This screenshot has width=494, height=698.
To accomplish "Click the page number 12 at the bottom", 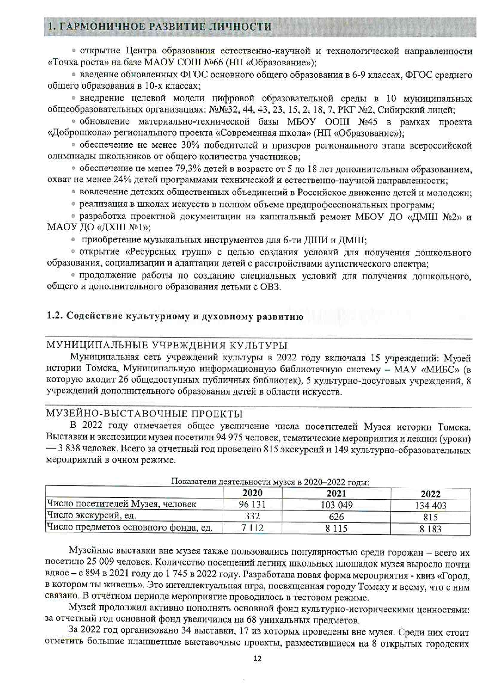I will pyautogui.click(x=257, y=659).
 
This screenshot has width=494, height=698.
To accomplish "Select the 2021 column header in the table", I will pyautogui.click(x=336, y=494).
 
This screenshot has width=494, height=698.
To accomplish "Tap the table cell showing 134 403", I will pyautogui.click(x=430, y=506).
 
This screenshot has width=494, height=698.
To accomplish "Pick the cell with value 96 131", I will pyautogui.click(x=252, y=505).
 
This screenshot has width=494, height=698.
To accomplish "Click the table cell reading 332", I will pyautogui.click(x=252, y=516).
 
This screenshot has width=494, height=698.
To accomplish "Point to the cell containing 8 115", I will pyautogui.click(x=336, y=529).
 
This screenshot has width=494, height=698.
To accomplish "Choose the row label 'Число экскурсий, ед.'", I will pyautogui.click(x=91, y=516).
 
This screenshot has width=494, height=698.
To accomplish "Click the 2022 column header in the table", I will pyautogui.click(x=430, y=494).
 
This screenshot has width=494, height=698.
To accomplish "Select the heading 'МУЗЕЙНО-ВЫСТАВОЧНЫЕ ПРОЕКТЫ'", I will pyautogui.click(x=145, y=413).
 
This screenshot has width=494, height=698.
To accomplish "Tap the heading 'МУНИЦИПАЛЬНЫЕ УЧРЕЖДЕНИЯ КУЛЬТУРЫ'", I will pyautogui.click(x=167, y=345).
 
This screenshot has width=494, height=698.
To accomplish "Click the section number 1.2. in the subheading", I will pyautogui.click(x=55, y=317).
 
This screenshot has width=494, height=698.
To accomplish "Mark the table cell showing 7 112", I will pyautogui.click(x=252, y=528).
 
